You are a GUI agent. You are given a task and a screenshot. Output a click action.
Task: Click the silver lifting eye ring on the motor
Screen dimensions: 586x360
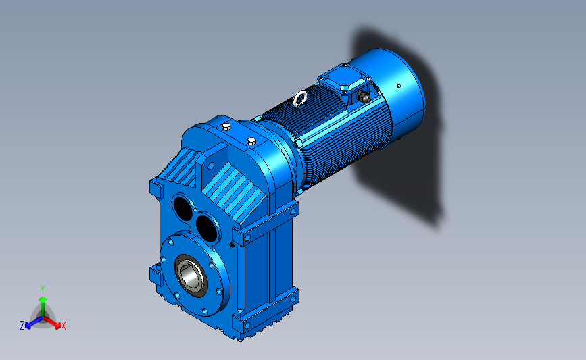(x=300, y=99)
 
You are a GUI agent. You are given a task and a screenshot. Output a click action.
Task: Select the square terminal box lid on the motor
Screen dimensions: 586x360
(x=344, y=79)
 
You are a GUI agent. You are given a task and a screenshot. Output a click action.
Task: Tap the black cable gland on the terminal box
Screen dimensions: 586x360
(x=363, y=97)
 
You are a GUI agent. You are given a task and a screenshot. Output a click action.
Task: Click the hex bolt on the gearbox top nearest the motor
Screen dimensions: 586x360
(x=251, y=141)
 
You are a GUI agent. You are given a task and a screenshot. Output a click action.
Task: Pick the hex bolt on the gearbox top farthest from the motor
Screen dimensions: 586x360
(x=226, y=126)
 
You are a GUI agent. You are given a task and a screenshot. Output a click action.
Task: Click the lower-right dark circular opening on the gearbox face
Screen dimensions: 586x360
(x=206, y=228)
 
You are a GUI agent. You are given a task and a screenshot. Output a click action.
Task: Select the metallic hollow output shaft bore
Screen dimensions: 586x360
(x=190, y=276)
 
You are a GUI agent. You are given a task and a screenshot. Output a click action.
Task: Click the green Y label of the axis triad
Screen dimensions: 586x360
(x=43, y=290)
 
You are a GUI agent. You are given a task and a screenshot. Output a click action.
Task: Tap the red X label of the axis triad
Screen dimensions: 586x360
(x=63, y=326)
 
